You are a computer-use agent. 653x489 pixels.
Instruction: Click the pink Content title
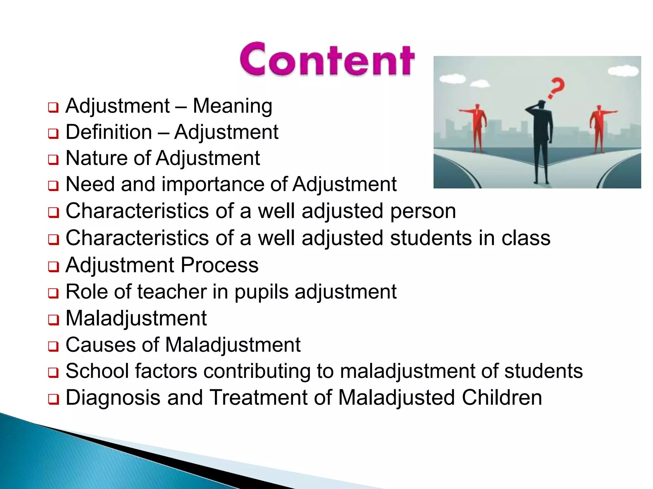click(x=327, y=60)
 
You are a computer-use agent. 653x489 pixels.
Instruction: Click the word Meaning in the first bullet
click(x=232, y=106)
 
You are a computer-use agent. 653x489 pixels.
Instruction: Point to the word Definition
click(x=109, y=132)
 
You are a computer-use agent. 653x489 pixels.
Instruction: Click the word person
click(x=423, y=211)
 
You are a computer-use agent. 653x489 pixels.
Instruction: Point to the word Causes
click(x=100, y=345)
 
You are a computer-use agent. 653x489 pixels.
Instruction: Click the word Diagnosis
click(x=113, y=398)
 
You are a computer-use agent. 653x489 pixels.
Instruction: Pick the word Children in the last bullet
click(x=502, y=398)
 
